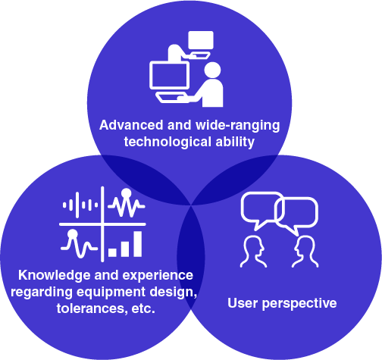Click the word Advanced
[131, 125]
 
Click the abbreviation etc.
[143, 308]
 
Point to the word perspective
[299, 304]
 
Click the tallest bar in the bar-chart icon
[137, 244]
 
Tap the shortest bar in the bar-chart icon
[112, 252]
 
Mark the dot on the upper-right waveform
[126, 193]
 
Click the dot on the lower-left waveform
[73, 234]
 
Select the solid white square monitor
[201, 40]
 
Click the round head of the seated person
[212, 70]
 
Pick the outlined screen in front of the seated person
[169, 76]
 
